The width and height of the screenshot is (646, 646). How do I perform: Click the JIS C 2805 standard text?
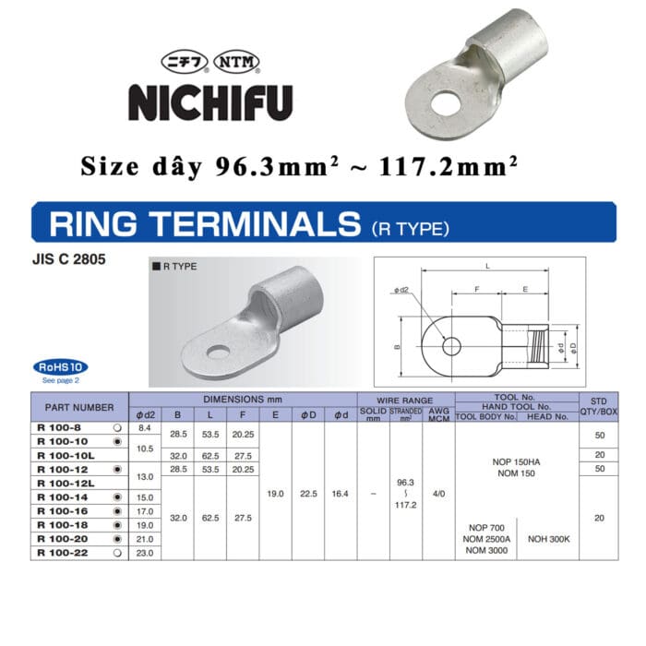[x=69, y=259]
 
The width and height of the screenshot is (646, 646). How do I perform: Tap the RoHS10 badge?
[x=61, y=366]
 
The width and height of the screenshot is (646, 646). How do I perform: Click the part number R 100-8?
[x=56, y=428]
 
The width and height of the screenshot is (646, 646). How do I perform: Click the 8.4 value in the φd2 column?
[x=144, y=428]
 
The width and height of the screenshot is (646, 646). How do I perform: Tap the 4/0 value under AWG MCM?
[x=438, y=494]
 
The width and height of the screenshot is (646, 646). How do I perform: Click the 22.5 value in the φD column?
[x=308, y=494]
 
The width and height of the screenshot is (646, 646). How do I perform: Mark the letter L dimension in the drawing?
[x=486, y=267]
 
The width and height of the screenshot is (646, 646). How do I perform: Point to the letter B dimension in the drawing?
[x=396, y=348]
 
